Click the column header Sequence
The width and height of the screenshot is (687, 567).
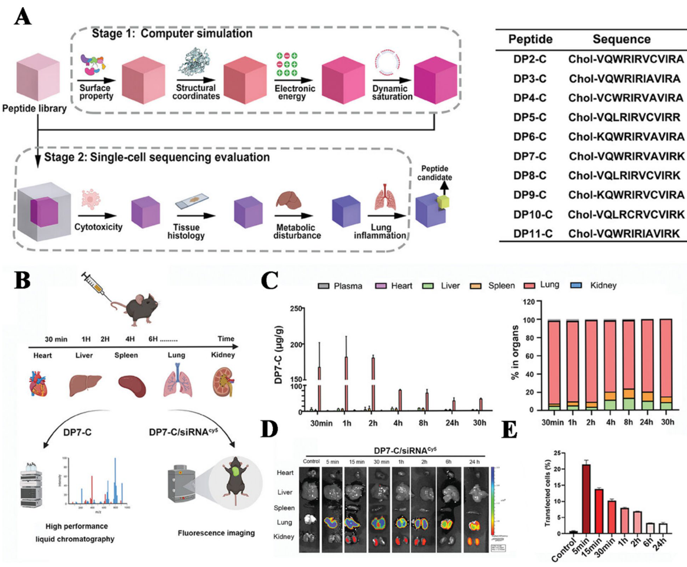tap(623, 39)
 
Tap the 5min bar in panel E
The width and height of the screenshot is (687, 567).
tap(570, 498)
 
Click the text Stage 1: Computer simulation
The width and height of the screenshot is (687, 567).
tap(172, 34)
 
